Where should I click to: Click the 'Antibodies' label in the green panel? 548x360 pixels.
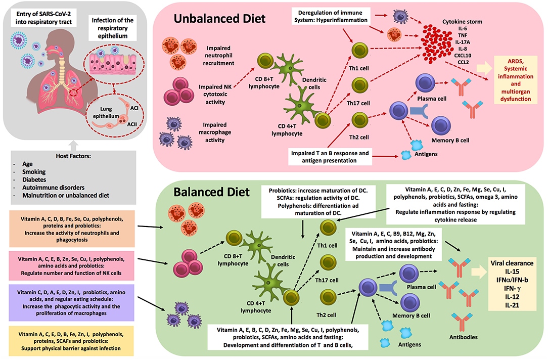(x=463, y=336)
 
